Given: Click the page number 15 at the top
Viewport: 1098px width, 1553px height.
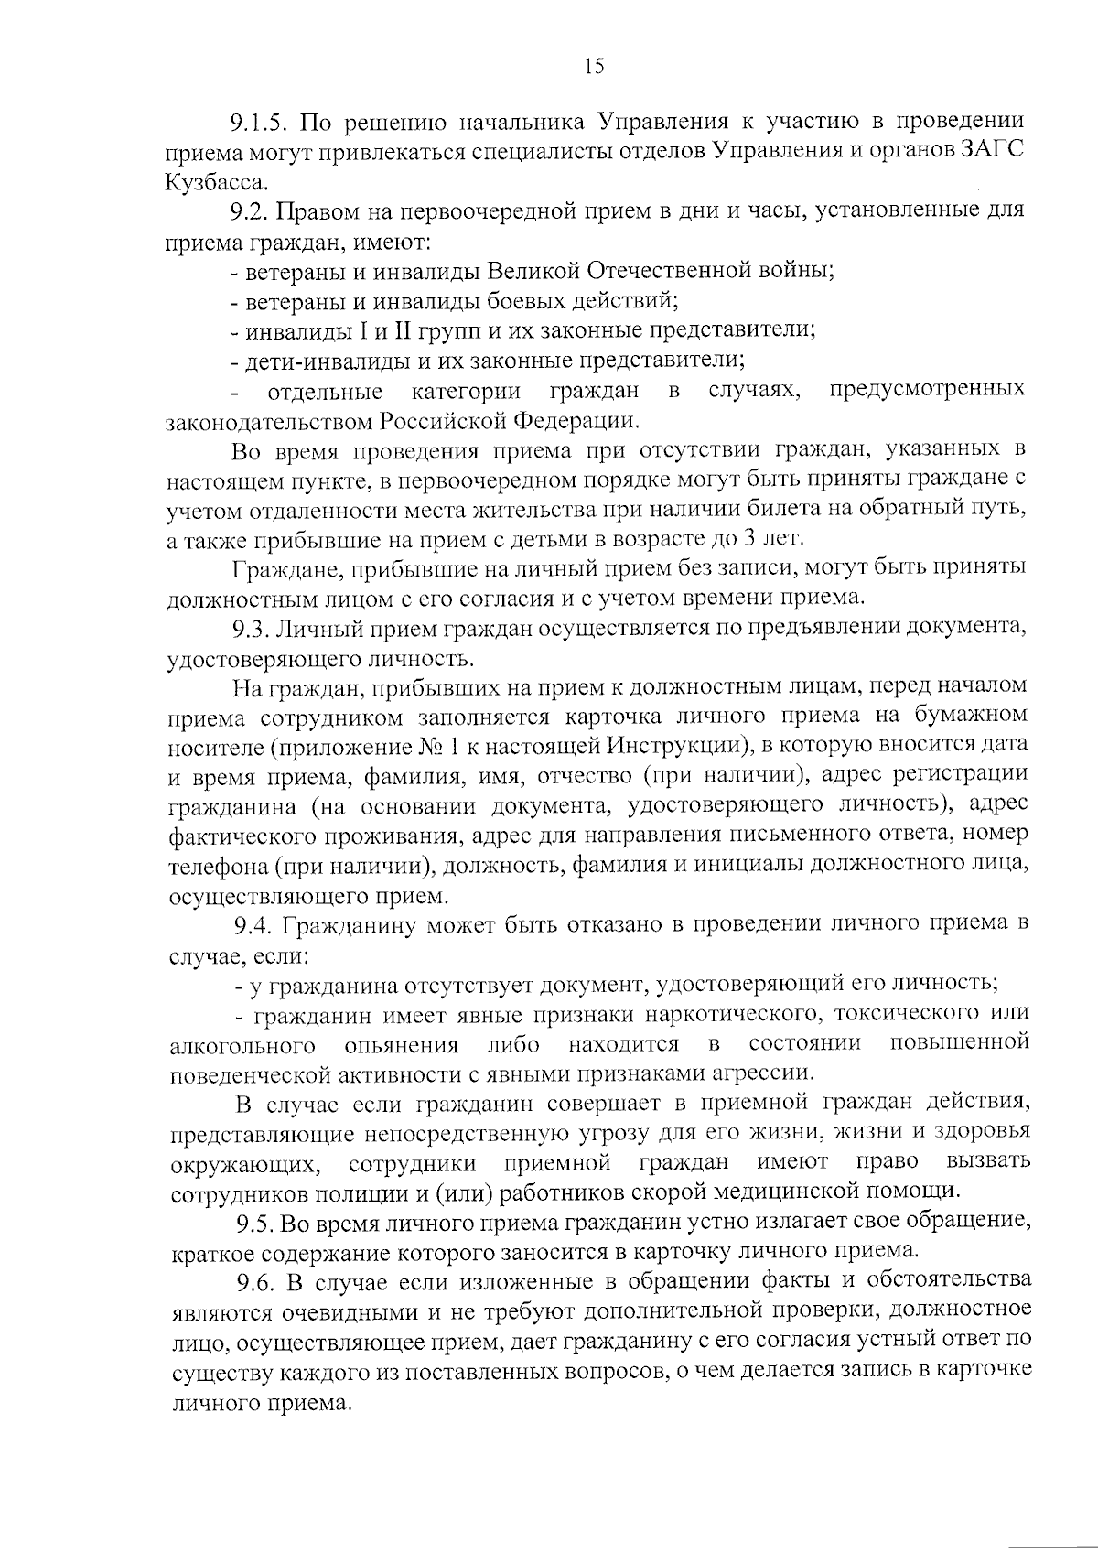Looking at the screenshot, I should (x=593, y=65).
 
